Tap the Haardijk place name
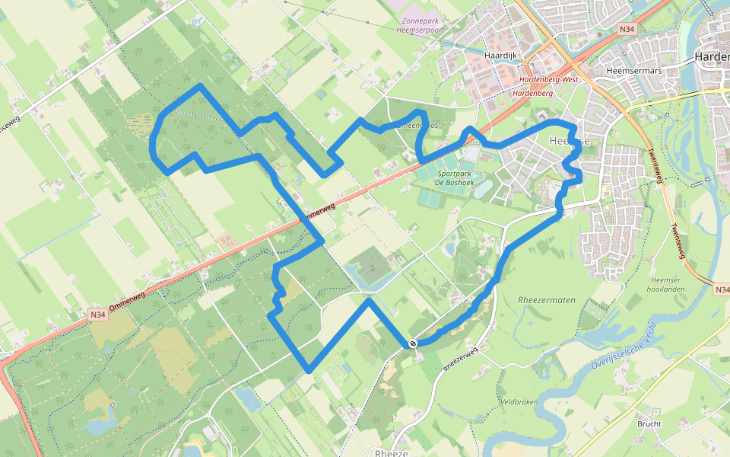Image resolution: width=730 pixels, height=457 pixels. pyautogui.click(x=501, y=56)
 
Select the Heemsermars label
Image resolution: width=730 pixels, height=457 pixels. pyautogui.click(x=630, y=70)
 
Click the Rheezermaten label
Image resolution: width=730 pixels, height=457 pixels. pyautogui.click(x=546, y=299)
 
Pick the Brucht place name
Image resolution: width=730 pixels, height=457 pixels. pyautogui.click(x=649, y=424)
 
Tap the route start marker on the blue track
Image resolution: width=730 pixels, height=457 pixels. pyautogui.click(x=413, y=344)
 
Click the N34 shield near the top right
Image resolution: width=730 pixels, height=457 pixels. pyautogui.click(x=627, y=30)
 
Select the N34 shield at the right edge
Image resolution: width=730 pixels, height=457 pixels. pyautogui.click(x=722, y=289)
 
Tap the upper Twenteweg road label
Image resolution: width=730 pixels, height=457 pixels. pyautogui.click(x=652, y=161)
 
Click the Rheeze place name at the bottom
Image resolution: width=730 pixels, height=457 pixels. pyautogui.click(x=392, y=452)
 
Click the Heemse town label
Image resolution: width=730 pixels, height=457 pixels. pyautogui.click(x=569, y=142)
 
